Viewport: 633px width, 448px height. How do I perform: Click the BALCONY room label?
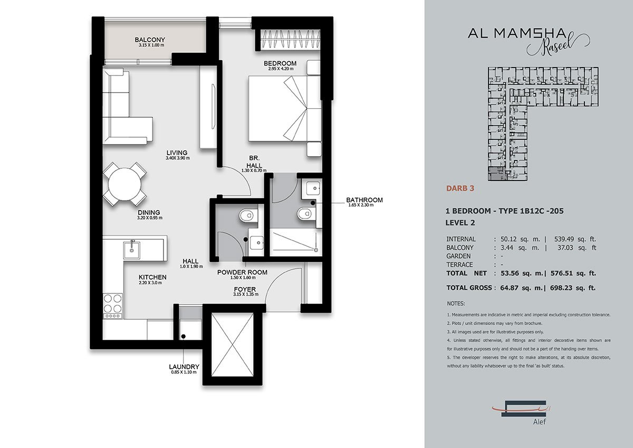150,40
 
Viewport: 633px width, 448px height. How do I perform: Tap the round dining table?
124,184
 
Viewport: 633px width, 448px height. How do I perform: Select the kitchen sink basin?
131,250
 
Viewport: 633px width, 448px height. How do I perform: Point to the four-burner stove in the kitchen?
113,306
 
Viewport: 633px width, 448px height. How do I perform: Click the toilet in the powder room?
248,216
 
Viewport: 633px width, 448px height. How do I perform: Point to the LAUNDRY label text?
184,367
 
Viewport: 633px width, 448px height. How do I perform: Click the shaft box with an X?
233,345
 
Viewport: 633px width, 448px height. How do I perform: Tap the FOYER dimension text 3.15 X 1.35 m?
246,294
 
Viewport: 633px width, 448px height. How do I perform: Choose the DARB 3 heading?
460,188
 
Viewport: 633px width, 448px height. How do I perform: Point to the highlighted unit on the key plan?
496,173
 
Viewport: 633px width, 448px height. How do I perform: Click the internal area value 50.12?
509,239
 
